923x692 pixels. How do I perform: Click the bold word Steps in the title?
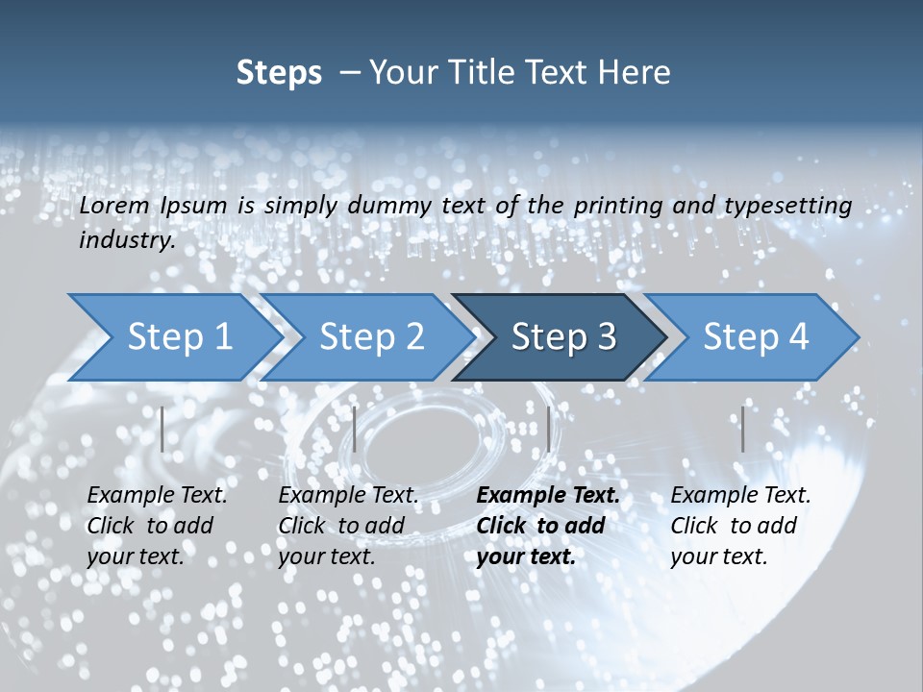tap(279, 73)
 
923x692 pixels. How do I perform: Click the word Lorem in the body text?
tap(114, 206)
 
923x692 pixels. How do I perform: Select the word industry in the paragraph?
tap(125, 239)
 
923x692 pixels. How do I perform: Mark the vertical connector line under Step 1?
tap(162, 429)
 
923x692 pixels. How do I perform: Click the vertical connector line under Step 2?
tap(355, 429)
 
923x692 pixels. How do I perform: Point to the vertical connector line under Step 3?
tap(548, 429)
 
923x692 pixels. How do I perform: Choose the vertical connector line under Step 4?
tap(742, 429)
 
